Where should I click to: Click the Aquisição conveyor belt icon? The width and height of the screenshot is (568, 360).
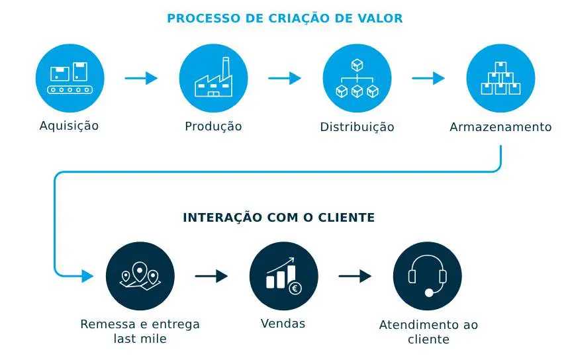pos(70,78)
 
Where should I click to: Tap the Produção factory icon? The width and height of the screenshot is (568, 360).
pos(213,78)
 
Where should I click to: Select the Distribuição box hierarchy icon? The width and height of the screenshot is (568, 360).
pos(357,78)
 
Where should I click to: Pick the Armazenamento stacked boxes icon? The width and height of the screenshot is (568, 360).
pos(500,78)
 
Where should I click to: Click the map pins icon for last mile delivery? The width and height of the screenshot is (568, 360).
pos(140,277)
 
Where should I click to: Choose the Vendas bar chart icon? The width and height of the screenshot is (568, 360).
pos(283,277)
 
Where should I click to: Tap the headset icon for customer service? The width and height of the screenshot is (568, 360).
pos(427,277)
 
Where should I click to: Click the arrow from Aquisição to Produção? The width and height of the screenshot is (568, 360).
pos(141,78)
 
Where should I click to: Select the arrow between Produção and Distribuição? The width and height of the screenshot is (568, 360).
pos(285,78)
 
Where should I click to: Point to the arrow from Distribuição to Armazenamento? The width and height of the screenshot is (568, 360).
pos(428,78)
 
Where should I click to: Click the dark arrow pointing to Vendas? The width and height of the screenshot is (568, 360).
pos(212,277)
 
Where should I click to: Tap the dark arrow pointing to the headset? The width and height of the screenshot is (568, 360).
pos(355,277)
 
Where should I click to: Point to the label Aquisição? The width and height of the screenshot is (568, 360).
pos(69,126)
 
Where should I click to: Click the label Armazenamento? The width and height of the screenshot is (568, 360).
pos(500,127)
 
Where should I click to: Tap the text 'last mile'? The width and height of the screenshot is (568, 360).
pos(140,339)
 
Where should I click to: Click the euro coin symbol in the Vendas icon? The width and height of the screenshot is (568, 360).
pos(295,288)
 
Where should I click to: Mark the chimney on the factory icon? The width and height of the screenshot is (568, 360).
pos(225,67)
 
